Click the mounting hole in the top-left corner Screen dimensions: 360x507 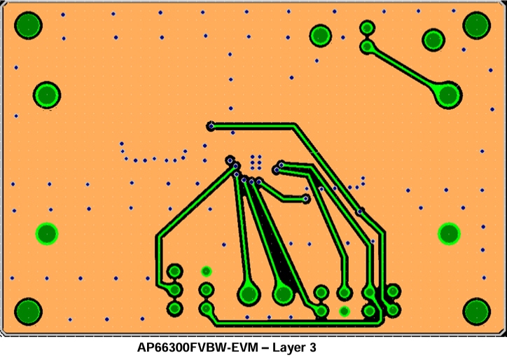coord(29,25)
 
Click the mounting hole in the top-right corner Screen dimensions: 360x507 coord(476,25)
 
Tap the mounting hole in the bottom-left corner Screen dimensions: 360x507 coord(29,311)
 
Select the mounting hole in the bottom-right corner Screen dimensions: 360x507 coord(476,311)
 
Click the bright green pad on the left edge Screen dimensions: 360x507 coord(47,233)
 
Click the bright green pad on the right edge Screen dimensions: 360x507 coord(449,233)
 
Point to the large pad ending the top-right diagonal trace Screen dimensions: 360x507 coord(447,93)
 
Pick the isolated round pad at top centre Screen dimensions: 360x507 coord(320,35)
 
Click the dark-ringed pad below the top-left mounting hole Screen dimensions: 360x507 coord(47,94)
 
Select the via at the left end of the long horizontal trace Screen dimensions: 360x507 coord(210,126)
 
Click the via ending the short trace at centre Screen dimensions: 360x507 coord(306,199)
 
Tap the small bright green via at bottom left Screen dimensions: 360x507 coord(206,270)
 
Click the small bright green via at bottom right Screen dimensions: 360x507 coord(344,310)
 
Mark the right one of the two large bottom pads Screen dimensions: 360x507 coord(284,293)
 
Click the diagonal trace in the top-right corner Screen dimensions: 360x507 coord(406,69)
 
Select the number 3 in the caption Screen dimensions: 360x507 coord(313,347)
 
